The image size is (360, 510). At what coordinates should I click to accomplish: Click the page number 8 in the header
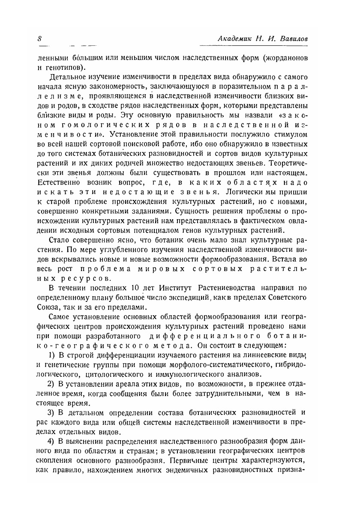tap(39, 38)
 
